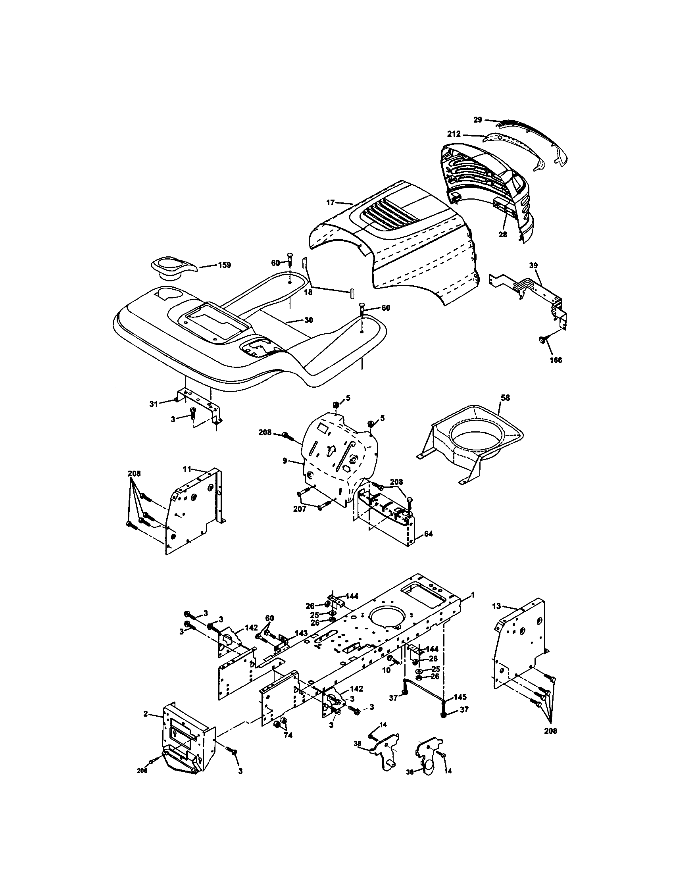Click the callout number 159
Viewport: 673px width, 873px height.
click(224, 265)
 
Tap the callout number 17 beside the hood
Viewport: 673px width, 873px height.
click(330, 203)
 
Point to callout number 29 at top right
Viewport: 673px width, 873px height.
click(478, 119)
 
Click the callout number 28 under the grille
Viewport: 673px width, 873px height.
click(502, 235)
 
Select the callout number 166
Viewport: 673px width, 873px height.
click(556, 360)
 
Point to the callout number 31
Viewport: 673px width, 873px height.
click(154, 404)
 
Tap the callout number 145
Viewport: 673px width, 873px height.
click(460, 697)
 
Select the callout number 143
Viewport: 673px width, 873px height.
click(301, 633)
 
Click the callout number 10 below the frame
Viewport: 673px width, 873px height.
click(386, 670)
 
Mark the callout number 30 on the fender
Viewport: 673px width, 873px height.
click(309, 320)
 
